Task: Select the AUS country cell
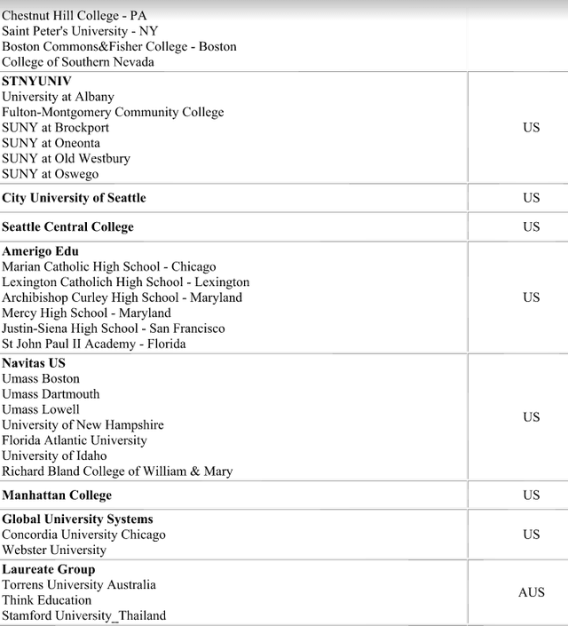point(531,592)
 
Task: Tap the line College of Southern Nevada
point(77,61)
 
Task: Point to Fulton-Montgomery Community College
point(113,112)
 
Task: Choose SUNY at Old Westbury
point(66,158)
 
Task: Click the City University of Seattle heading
point(74,197)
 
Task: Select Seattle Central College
point(67,226)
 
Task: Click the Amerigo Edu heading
point(40,251)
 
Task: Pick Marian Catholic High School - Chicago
point(108,266)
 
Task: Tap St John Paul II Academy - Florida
point(93,344)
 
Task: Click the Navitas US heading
point(34,363)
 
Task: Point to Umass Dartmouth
point(51,394)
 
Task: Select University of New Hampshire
point(83,424)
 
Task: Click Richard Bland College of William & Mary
point(117,471)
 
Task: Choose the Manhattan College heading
point(57,495)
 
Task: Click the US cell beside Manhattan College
point(531,495)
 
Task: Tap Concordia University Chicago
point(83,535)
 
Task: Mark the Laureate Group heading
point(48,569)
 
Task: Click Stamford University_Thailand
point(83,615)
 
